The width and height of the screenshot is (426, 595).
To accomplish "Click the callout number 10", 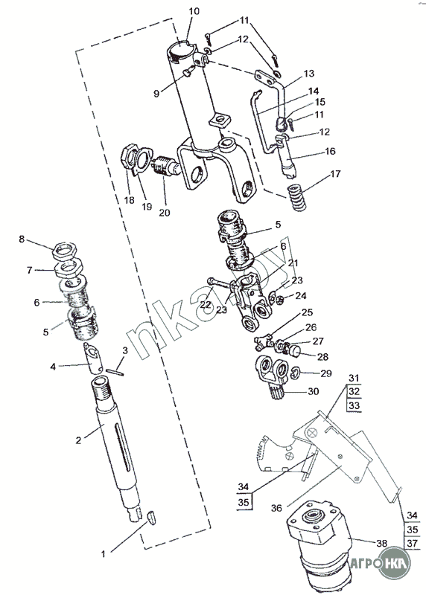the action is pyautogui.click(x=194, y=11).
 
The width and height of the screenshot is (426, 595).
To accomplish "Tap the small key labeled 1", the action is pyautogui.click(x=151, y=518).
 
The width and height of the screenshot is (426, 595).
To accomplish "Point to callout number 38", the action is pyautogui.click(x=381, y=544).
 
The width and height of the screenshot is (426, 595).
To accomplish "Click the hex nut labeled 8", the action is pyautogui.click(x=65, y=249).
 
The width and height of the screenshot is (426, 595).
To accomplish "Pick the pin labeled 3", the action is pyautogui.click(x=115, y=373).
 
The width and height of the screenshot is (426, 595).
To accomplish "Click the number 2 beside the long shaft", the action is pyautogui.click(x=78, y=440).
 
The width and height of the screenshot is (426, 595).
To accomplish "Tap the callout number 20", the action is pyautogui.click(x=165, y=213).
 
